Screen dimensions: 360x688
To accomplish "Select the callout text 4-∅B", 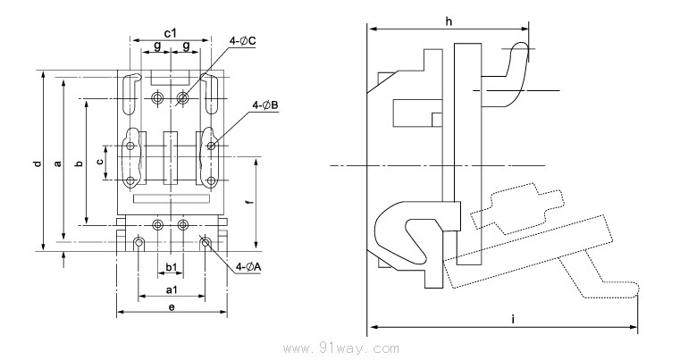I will (x=265, y=105).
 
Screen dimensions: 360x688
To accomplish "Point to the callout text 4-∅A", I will (x=248, y=266).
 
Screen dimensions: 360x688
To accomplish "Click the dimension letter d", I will (x=37, y=163).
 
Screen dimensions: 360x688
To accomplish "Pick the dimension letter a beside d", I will (x=56, y=163).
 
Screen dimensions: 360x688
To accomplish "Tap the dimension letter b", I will (x=79, y=163).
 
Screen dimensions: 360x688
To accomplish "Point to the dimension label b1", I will (x=170, y=267).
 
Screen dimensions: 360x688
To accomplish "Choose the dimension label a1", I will (x=170, y=291).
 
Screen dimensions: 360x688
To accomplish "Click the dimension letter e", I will (x=171, y=307).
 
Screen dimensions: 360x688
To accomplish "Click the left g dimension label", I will (x=156, y=46).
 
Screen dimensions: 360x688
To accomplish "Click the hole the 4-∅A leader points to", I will (x=206, y=242).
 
